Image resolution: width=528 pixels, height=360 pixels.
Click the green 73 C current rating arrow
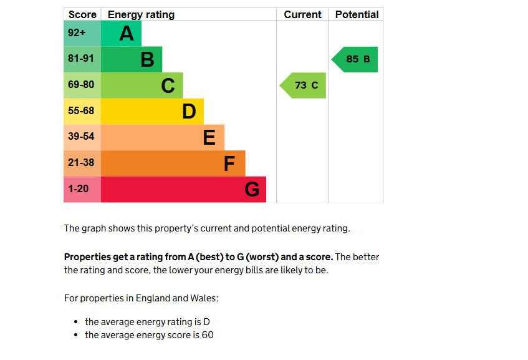pyautogui.click(x=304, y=85)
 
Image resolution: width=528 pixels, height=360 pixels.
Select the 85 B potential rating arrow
pyautogui.click(x=355, y=59)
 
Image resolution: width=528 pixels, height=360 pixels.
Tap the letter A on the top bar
pyautogui.click(x=127, y=34)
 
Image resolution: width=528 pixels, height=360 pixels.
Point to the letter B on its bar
pyautogui.click(x=147, y=60)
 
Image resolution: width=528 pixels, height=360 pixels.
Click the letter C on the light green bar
pyautogui.click(x=168, y=85)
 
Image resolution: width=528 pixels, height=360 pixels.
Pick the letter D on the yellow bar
pyautogui.click(x=189, y=112)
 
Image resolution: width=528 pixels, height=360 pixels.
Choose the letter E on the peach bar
pyautogui.click(x=209, y=137)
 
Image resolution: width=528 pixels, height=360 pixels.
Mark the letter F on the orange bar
pyautogui.click(x=229, y=163)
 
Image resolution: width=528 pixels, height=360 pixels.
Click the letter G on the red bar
pyautogui.click(x=252, y=189)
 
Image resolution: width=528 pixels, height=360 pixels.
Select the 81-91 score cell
pyautogui.click(x=82, y=59)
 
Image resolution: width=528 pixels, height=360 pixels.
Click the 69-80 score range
pyautogui.click(x=82, y=85)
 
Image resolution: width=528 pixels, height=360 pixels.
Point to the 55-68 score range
pyautogui.click(x=82, y=111)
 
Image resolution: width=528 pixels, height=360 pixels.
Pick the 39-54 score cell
pyautogui.click(x=82, y=137)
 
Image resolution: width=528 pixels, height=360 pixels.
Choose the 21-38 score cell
pyautogui.click(x=82, y=163)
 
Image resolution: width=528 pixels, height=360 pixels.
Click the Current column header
pyautogui.click(x=302, y=14)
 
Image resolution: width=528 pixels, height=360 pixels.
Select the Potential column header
pyautogui.click(x=357, y=14)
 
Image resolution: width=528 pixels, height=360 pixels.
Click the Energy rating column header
pyautogui.click(x=141, y=14)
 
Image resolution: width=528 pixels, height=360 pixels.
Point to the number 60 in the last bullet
pyautogui.click(x=208, y=335)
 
